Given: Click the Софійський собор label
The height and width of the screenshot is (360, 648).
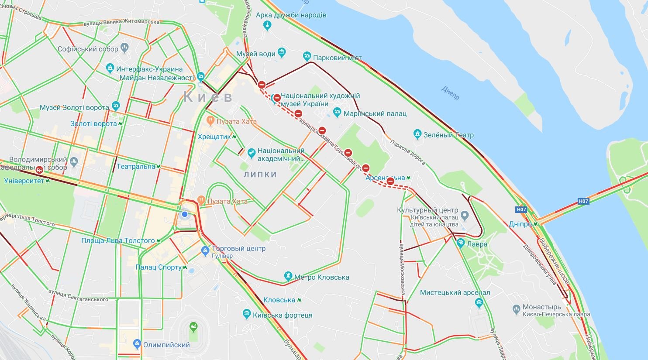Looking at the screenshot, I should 88,49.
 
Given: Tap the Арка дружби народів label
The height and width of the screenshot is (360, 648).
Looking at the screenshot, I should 291,15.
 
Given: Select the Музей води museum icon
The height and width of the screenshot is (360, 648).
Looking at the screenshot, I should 282,53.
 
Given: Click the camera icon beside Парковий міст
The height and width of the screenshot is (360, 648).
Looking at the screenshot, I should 307,57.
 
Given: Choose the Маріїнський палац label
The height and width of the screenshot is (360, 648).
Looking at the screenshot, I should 375,113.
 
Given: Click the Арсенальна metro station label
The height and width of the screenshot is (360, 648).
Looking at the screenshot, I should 385,178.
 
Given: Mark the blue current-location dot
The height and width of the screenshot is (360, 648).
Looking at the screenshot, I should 185,214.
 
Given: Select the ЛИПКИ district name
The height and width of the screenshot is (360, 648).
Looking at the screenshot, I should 260,175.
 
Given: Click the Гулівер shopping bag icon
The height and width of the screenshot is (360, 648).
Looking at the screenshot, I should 205,251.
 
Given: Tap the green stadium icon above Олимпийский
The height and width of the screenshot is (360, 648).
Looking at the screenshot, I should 193,327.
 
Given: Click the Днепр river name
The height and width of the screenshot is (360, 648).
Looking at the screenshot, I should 450,93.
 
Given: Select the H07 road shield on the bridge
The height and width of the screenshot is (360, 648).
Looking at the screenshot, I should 583,201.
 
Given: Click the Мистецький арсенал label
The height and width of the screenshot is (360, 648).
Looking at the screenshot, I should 455,292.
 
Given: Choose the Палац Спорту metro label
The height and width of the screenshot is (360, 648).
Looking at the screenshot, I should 158,267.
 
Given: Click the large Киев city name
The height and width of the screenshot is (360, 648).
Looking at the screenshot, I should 208,96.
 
